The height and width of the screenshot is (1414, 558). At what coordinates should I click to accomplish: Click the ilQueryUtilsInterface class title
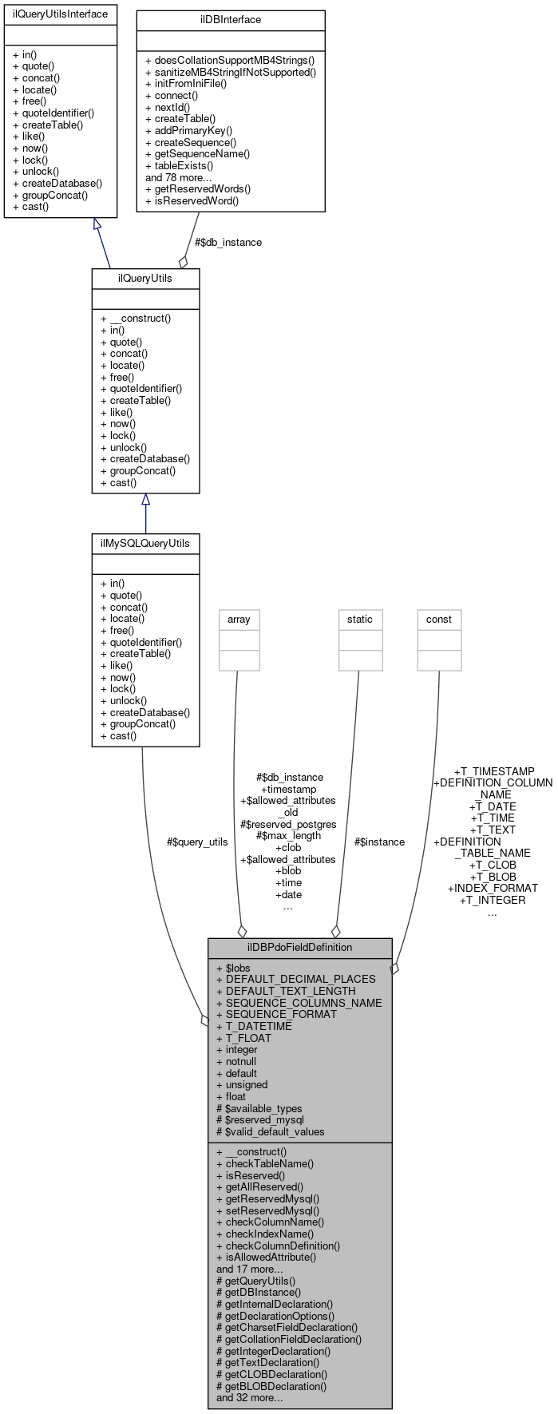60,14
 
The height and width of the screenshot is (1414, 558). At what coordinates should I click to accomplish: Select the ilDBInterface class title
231,19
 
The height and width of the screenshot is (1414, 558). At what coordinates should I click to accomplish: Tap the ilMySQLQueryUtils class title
145,543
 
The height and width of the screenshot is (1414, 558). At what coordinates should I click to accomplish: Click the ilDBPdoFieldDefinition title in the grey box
299,947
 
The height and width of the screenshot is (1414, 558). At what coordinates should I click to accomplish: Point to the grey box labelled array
239,619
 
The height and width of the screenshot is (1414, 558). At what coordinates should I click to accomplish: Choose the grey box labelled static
359,619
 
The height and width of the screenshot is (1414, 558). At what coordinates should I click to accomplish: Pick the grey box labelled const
439,619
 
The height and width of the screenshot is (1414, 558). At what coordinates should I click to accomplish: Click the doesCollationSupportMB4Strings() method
230,60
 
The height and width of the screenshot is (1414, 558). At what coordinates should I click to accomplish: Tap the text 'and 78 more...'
178,177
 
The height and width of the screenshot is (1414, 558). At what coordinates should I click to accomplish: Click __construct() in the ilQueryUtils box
135,318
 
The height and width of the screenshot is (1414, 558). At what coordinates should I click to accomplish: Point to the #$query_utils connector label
197,842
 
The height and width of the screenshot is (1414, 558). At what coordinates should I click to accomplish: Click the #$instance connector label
379,842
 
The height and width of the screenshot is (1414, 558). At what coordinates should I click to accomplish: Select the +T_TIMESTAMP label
493,771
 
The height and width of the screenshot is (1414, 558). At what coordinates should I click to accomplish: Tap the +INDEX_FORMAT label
493,888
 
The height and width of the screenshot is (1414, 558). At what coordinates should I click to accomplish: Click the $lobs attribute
233,968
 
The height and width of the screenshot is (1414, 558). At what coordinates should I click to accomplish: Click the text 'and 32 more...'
249,1397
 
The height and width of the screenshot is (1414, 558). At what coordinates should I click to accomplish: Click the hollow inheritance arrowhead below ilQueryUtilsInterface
97,225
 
